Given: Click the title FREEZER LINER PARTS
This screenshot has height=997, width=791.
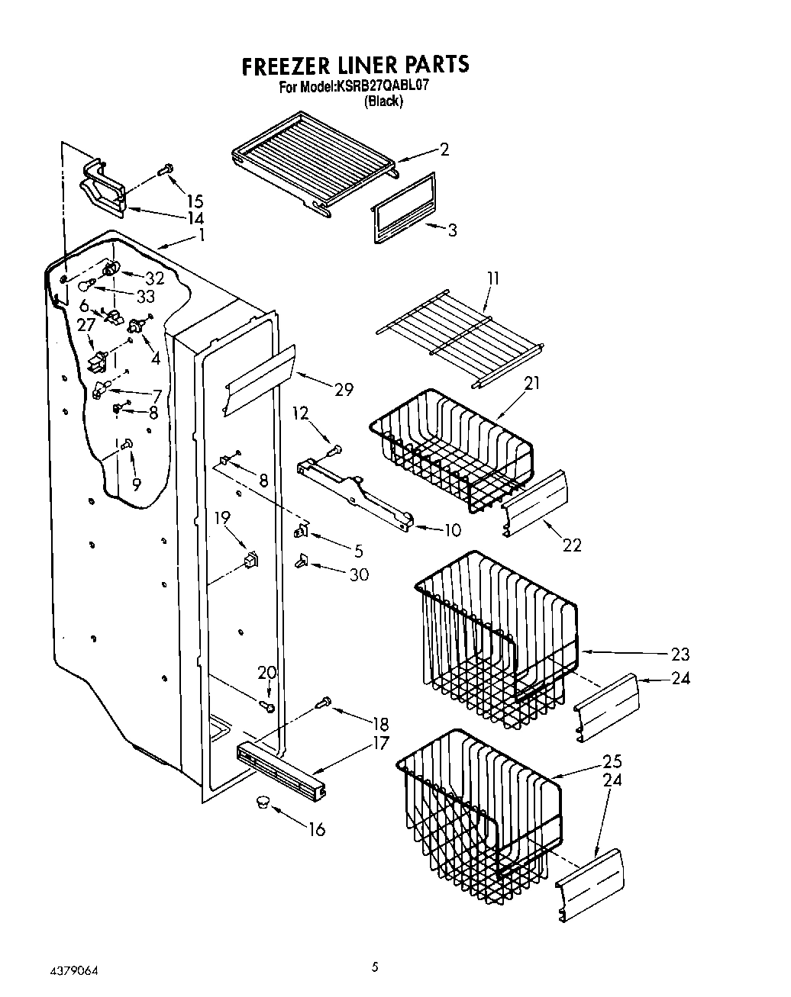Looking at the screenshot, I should [x=354, y=66].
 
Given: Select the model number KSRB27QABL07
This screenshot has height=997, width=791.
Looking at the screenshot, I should [x=380, y=87].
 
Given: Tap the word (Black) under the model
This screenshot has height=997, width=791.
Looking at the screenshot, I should [x=383, y=101].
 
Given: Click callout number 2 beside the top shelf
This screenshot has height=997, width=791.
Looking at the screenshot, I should [x=444, y=150].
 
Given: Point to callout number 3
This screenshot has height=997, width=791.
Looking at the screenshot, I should [x=452, y=230].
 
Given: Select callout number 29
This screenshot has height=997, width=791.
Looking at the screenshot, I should [x=344, y=389].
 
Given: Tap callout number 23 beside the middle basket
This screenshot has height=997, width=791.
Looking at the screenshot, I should [x=680, y=654].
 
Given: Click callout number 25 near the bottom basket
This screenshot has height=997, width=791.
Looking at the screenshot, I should [x=612, y=761].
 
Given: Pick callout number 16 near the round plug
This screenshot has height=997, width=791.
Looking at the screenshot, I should [x=316, y=829].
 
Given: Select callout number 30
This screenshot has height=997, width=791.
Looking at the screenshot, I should [x=359, y=574].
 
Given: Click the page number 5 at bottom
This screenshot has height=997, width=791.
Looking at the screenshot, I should [x=374, y=968].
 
